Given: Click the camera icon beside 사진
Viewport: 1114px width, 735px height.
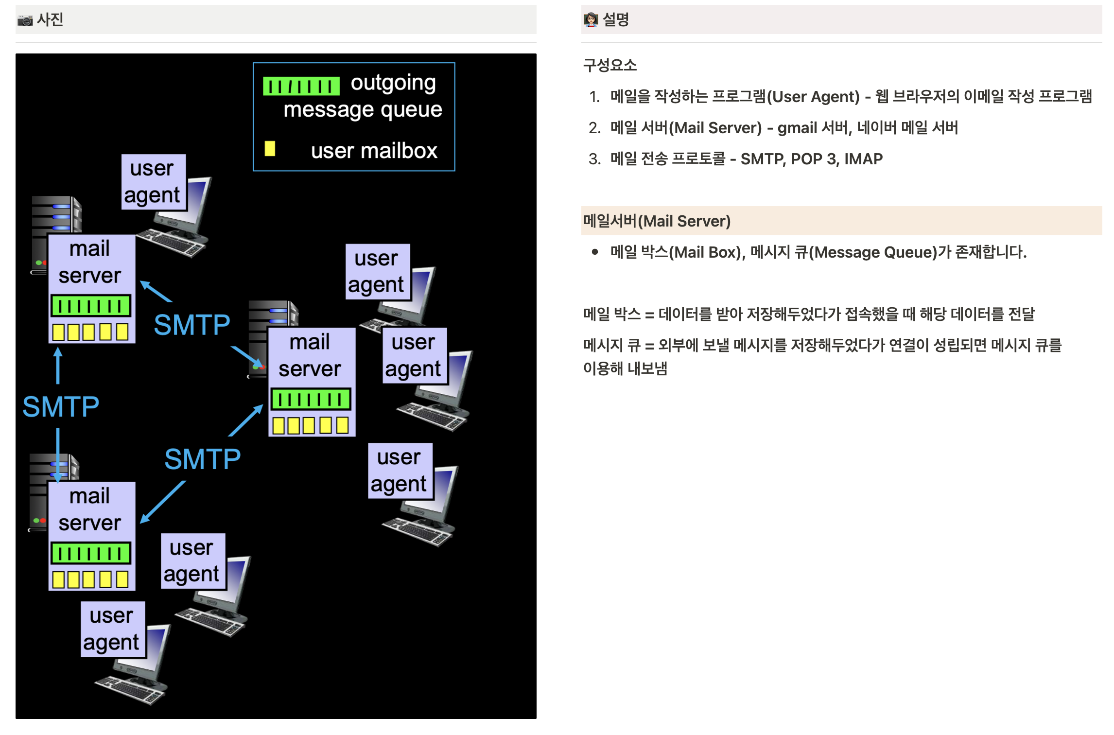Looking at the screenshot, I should (25, 20).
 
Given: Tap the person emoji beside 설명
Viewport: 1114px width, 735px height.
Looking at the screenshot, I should (591, 20).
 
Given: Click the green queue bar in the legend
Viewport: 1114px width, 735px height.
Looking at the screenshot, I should (301, 87).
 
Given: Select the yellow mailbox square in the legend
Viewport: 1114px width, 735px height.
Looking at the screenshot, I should (270, 148).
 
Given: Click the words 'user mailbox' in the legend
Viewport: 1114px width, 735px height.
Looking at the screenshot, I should (374, 151).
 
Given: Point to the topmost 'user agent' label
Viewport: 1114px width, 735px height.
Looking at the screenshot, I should (153, 182).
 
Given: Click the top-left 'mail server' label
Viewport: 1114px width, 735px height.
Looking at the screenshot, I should (90, 262).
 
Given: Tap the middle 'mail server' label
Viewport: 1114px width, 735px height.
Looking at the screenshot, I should (310, 355).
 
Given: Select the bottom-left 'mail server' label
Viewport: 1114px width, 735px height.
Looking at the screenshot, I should (90, 509).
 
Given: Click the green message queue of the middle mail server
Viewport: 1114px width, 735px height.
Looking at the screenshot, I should (311, 400).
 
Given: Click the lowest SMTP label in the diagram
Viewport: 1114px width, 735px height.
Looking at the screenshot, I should (202, 459).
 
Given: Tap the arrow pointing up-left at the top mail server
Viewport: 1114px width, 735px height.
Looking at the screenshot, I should (156, 291).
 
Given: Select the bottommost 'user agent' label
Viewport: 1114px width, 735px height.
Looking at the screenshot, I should (112, 629).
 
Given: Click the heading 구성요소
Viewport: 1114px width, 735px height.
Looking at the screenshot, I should (609, 65).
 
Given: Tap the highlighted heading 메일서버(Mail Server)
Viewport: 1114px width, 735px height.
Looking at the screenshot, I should (657, 221).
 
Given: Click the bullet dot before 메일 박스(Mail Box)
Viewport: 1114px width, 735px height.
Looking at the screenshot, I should (594, 252).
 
